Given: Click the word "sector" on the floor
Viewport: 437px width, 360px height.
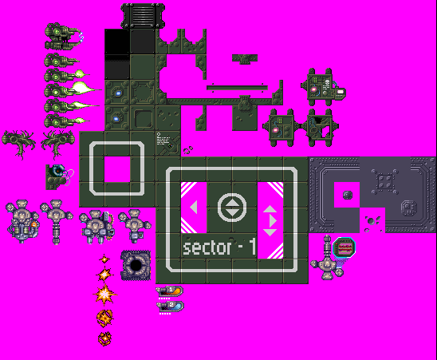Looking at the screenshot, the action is [207, 247].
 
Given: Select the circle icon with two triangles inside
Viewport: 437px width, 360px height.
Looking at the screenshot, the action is [232, 208].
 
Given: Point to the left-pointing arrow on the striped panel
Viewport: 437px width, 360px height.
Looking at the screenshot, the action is [194, 208].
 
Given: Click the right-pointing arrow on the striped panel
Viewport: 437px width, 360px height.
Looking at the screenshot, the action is [273, 221].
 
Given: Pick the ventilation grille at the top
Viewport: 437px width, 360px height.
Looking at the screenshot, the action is [143, 16].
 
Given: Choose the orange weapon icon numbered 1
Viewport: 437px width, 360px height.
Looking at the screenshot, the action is [169, 291].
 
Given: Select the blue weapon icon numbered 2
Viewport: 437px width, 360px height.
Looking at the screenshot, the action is [170, 307].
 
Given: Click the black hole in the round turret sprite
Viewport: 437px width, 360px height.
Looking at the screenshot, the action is [136, 265].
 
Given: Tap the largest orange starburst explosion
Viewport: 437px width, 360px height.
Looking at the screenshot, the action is [104, 295].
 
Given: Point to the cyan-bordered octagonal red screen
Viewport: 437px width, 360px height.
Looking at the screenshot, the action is [344, 247].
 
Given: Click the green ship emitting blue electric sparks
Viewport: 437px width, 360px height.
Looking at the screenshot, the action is [64, 37].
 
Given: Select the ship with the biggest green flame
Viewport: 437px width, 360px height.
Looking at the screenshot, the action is [73, 90].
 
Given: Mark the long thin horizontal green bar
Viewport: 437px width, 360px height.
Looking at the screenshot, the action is [237, 88].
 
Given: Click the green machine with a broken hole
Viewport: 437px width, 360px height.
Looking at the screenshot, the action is [321, 127].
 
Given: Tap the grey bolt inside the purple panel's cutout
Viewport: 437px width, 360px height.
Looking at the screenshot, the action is [347, 195].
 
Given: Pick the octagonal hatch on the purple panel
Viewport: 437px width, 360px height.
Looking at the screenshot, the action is [409, 208].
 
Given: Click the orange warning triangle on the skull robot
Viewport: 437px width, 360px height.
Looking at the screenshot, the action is [34, 224].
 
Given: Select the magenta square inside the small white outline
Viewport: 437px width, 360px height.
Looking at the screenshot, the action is [117, 169].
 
